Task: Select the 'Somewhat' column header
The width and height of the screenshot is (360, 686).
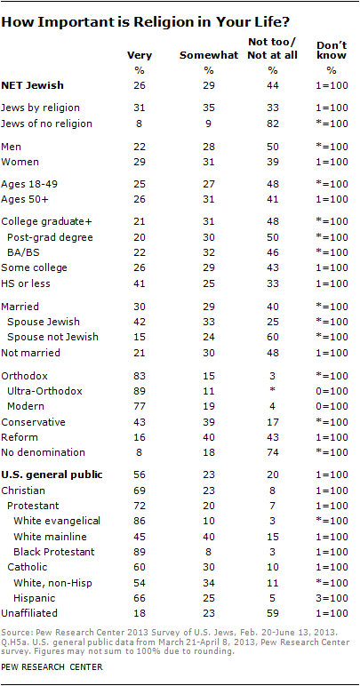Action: pos(209,55)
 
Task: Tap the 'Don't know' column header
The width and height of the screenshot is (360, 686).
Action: pos(332,50)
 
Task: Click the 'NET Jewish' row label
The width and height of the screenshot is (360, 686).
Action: pos(32,85)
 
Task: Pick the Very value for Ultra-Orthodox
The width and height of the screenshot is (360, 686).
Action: pos(139,392)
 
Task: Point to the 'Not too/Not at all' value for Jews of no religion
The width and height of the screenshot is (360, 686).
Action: pos(273,124)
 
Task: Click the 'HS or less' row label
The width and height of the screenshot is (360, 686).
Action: pos(26,283)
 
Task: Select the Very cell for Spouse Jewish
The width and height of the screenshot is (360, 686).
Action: pos(139,322)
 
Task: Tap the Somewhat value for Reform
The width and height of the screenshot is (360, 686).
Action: pos(209,437)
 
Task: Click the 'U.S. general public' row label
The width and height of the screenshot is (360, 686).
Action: pos(52,475)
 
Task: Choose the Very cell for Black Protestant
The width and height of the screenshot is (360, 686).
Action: pos(139,551)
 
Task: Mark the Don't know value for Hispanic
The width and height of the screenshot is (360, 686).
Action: pos(332,597)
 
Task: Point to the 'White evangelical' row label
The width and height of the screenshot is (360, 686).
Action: pos(57,521)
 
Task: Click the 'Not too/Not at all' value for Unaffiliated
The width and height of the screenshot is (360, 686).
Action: pos(273,613)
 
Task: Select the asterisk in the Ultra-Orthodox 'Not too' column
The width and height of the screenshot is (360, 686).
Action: pos(273,391)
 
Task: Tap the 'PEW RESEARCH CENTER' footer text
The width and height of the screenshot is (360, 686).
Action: pos(52,667)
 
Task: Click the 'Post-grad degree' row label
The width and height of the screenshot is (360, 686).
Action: pos(51,237)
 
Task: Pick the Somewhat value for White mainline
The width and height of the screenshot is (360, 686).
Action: pos(209,537)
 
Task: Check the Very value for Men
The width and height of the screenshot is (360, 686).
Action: pos(139,146)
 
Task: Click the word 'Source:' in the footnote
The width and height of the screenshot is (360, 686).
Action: pos(13,634)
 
